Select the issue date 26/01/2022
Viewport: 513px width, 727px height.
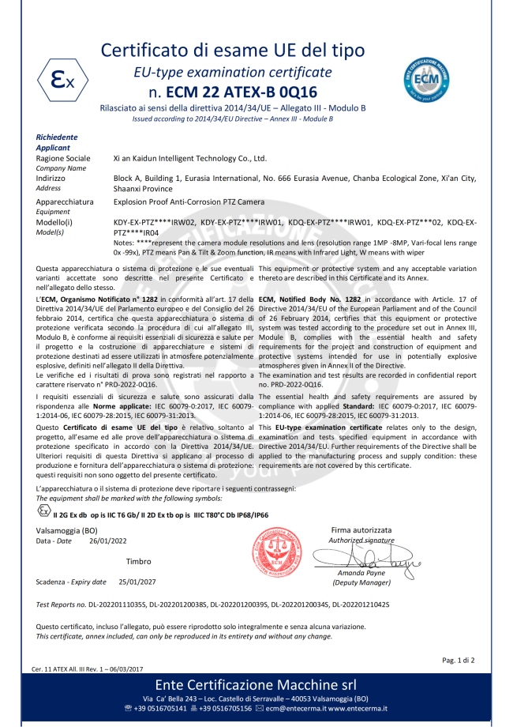[x=107, y=541]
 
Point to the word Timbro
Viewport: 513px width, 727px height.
[x=138, y=561]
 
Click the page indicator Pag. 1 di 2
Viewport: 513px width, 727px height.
[x=459, y=659]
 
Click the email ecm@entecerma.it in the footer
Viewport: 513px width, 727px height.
[x=296, y=708]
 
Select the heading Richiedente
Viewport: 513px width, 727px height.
[x=57, y=137]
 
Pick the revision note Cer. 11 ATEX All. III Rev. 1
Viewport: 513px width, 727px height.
[x=87, y=669]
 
